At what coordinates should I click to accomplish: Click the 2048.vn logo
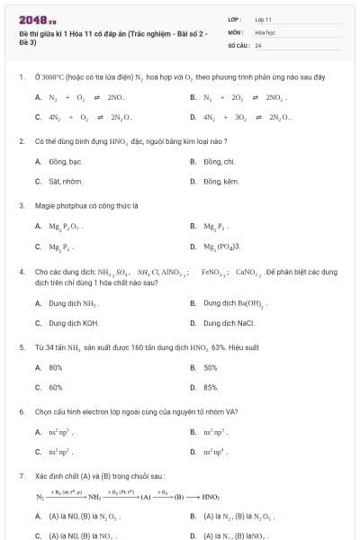coord(31,20)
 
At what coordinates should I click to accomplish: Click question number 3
coord(21,206)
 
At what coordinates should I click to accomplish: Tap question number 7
coord(21,475)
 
